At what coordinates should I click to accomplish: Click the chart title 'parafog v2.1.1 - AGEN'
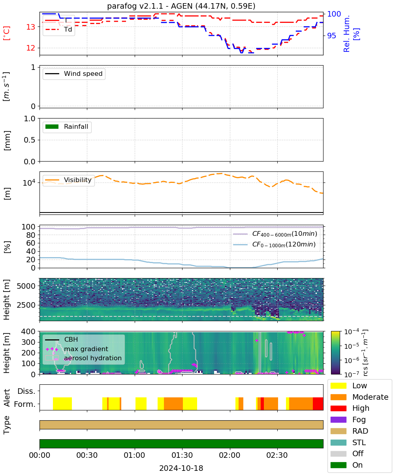pos(150,6)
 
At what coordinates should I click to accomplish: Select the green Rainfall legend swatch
pos(52,126)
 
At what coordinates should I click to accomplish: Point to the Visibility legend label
pos(78,180)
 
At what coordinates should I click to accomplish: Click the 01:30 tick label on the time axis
pos(182,455)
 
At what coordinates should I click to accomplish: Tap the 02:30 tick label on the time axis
pos(277,455)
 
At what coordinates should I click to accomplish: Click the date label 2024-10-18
pos(181,468)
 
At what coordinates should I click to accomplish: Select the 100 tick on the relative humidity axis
pos(334,14)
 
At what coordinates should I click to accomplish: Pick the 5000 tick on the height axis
pos(26,286)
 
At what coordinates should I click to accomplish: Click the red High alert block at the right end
pos(318,403)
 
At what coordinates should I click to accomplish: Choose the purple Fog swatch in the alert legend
pos(338,419)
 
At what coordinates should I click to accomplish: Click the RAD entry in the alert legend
pos(360,431)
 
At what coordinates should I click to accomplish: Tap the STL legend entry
pos(359,442)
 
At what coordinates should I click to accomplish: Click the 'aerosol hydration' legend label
pos(92,358)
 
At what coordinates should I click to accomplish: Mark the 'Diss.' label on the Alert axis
pos(26,391)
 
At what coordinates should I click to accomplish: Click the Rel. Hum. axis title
pos(346,34)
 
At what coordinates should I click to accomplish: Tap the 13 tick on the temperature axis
pos(31,27)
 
